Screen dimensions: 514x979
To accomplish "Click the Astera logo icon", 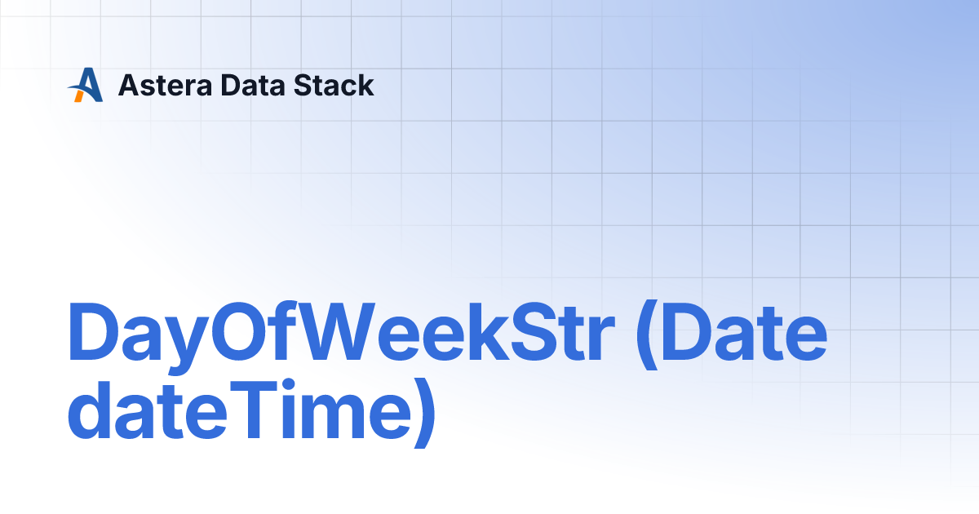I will click(86, 85).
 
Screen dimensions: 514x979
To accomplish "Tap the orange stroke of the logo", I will click(79, 95).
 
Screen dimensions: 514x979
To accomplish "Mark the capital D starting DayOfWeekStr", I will click(92, 334).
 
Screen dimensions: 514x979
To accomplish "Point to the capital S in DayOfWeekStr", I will click(522, 334).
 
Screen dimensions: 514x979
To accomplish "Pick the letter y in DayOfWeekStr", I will click(185, 343).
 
